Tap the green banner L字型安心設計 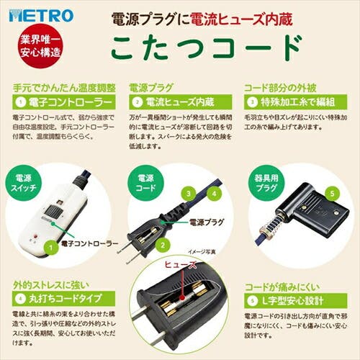pyautogui.click(x=292, y=297)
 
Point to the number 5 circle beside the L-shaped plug pyautogui.click(x=333, y=193)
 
